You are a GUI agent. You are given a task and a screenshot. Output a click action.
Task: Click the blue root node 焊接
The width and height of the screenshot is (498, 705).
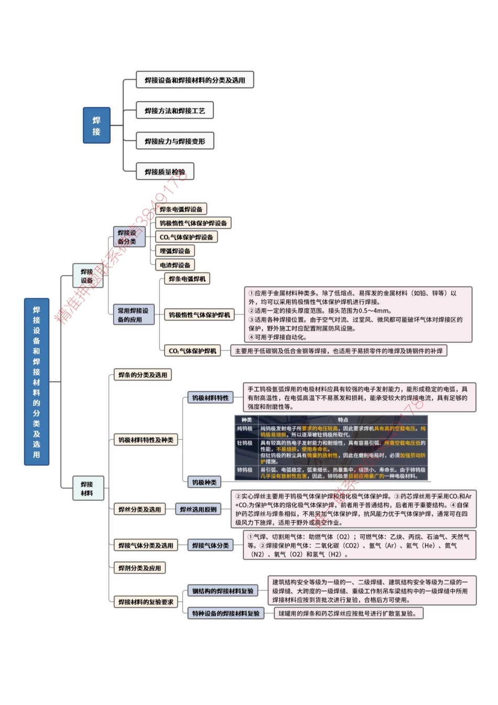[96, 125]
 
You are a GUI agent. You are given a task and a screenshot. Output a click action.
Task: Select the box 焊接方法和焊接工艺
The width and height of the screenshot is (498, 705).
[175, 111]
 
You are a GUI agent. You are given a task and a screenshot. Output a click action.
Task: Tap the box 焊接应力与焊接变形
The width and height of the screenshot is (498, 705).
[175, 141]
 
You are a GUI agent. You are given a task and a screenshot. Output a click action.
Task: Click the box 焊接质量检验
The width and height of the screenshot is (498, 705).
[165, 171]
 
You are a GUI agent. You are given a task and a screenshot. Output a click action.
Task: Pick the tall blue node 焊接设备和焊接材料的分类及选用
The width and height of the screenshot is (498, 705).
[37, 382]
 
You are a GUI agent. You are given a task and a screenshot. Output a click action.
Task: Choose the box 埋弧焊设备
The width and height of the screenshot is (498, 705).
[175, 251]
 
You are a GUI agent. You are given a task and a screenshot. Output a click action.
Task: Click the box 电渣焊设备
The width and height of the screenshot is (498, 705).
[175, 265]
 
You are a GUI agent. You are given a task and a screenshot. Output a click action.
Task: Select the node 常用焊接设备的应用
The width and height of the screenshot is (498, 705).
[133, 314]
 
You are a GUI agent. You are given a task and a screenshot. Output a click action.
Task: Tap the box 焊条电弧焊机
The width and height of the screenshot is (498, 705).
[187, 279]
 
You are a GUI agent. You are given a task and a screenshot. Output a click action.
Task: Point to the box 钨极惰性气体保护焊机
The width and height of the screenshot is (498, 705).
[199, 315]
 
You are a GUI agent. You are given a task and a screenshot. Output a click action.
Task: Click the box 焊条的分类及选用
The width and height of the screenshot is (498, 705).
[143, 375]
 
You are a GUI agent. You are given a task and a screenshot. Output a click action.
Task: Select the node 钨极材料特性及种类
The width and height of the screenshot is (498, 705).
[146, 440]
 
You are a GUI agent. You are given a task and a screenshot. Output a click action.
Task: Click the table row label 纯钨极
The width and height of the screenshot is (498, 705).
[245, 429]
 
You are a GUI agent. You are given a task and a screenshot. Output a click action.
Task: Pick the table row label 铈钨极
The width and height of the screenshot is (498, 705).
[245, 470]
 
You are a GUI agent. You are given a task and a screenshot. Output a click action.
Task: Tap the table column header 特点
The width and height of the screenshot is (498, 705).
[343, 420]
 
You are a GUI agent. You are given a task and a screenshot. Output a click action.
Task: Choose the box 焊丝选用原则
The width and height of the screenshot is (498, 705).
[198, 509]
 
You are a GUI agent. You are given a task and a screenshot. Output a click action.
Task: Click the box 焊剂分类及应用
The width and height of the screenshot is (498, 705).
[139, 568]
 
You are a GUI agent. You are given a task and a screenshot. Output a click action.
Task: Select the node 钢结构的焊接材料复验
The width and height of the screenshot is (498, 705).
[223, 591]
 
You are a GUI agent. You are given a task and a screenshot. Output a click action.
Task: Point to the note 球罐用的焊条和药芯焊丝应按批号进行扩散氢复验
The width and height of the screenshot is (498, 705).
[349, 613]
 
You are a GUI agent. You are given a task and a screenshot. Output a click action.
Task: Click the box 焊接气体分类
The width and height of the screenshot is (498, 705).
[210, 545]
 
